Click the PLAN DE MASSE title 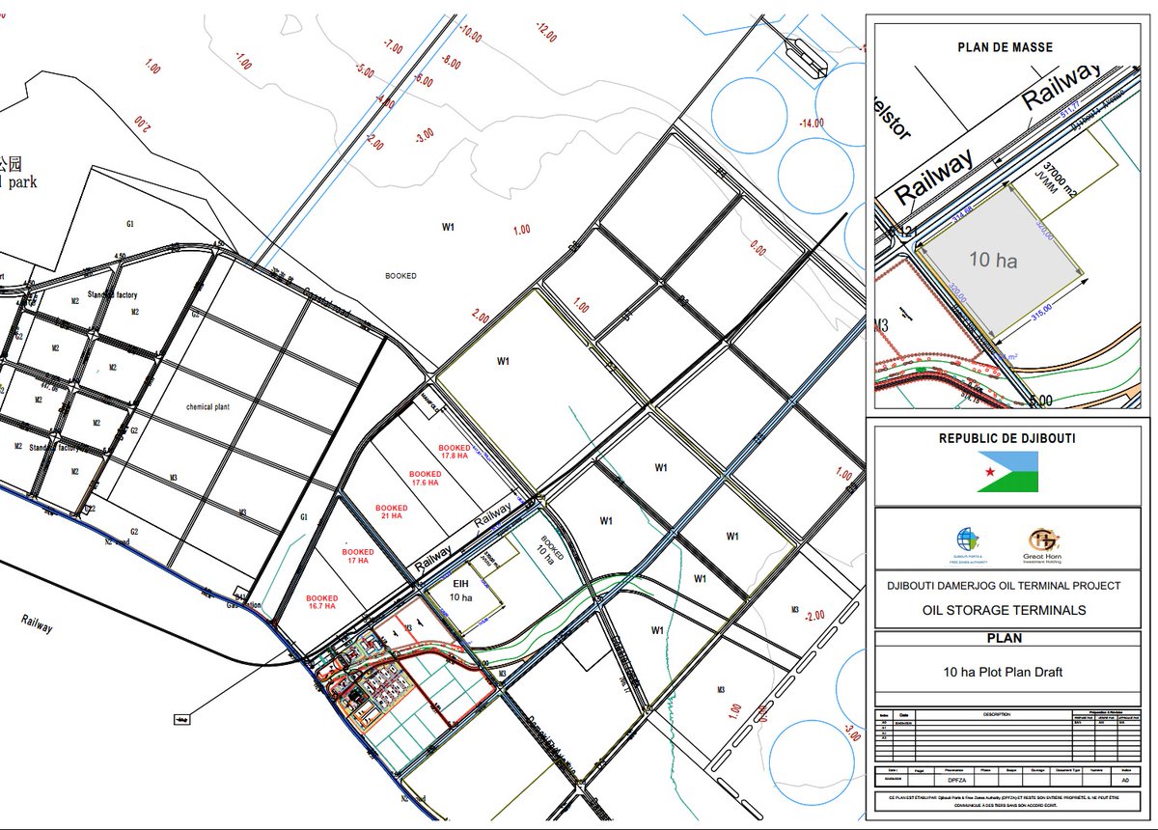point(1005,46)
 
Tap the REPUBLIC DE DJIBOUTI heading point(1008,438)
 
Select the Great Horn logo point(1043,543)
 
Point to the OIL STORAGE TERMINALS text point(1005,610)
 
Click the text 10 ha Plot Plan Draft point(1004,672)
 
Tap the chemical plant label point(211,406)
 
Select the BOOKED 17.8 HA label point(455,453)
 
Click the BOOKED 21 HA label point(392,512)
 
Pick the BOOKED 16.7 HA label point(322,601)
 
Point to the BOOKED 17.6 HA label point(425,480)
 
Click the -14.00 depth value point(813,123)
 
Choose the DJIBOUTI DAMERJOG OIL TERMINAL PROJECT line point(1005,586)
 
